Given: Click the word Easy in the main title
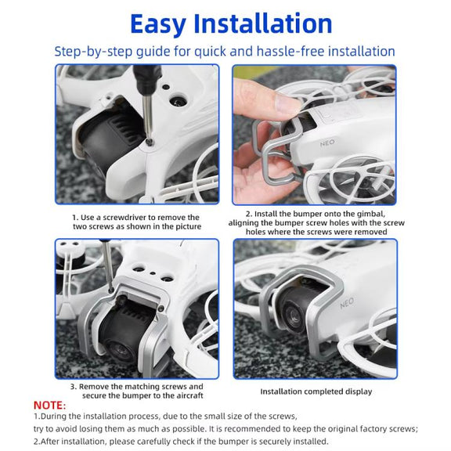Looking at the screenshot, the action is coord(157,25).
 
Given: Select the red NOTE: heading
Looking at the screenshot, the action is coord(49,405).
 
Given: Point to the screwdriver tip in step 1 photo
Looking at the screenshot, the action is coord(150,141).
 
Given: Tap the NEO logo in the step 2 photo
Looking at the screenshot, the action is coord(327,143).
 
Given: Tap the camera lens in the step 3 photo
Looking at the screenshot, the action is coord(118,351).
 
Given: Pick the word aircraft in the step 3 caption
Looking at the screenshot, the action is coord(189,395).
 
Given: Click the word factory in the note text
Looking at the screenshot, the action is coord(373,429).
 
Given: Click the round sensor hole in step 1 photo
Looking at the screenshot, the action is coord(178,101).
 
